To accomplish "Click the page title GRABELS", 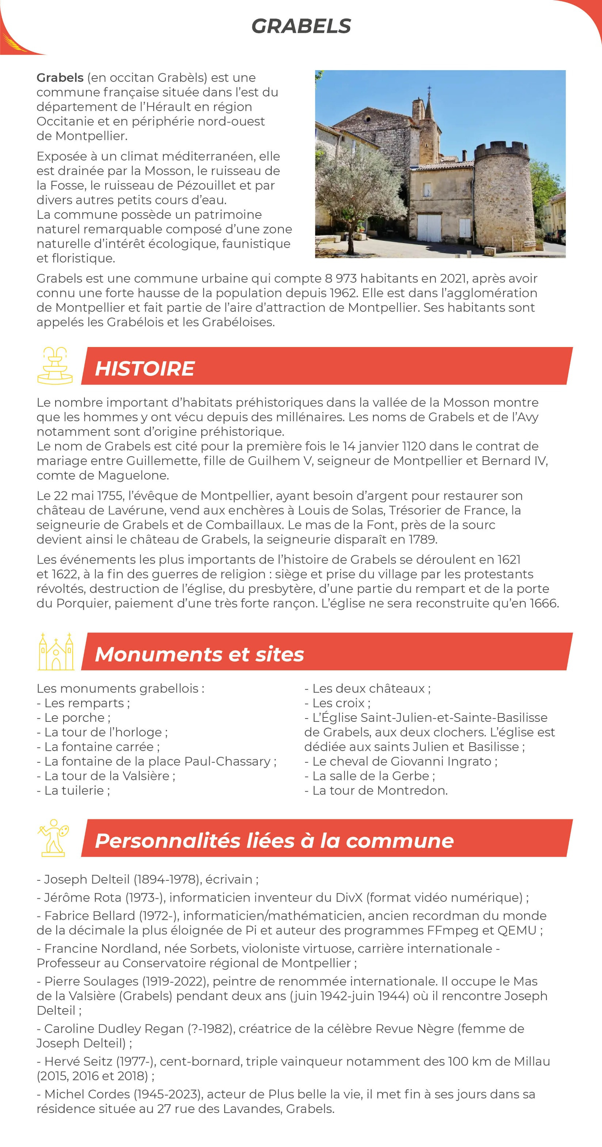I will [x=301, y=26].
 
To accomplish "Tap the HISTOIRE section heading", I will [x=145, y=369].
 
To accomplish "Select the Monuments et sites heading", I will [x=199, y=654].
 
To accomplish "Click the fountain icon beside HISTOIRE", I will [x=55, y=366].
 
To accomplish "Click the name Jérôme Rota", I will [x=82, y=898].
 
